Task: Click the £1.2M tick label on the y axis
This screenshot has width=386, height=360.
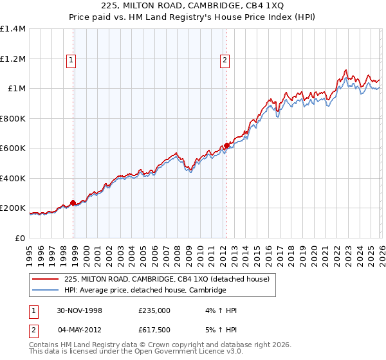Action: (13, 59)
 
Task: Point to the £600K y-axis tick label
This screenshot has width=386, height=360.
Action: (13, 148)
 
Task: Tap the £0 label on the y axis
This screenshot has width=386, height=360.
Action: (20, 238)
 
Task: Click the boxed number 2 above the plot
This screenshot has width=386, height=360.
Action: (225, 61)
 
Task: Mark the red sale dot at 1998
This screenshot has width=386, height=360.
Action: (73, 203)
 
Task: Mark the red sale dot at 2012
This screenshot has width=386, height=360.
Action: (226, 145)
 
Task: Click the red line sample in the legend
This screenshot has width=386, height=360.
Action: (46, 279)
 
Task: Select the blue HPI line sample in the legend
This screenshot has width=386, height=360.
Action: (46, 290)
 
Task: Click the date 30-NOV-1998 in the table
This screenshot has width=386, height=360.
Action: (79, 310)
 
